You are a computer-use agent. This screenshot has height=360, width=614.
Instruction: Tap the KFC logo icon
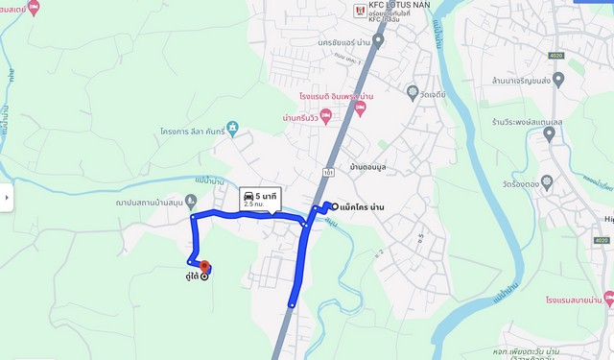[361, 11]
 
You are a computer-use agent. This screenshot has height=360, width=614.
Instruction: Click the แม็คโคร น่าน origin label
[370, 206]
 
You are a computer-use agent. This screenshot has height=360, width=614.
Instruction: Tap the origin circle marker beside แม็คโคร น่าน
[334, 205]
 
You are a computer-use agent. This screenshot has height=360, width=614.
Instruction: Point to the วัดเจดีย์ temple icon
[412, 93]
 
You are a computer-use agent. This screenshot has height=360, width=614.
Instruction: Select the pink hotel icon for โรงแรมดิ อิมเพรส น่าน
[360, 108]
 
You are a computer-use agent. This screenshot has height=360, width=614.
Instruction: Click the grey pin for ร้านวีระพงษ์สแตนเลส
[549, 133]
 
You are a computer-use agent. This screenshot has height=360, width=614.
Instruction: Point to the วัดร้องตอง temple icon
[547, 181]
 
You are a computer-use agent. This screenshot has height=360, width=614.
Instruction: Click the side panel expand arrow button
[7, 198]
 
